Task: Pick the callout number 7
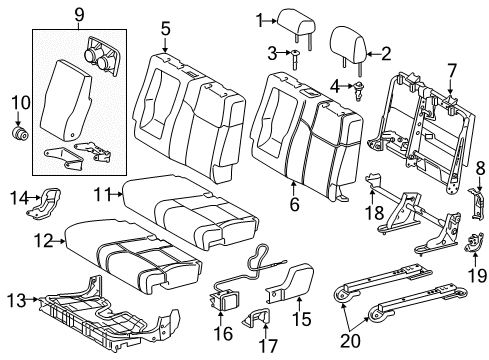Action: (451, 70)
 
